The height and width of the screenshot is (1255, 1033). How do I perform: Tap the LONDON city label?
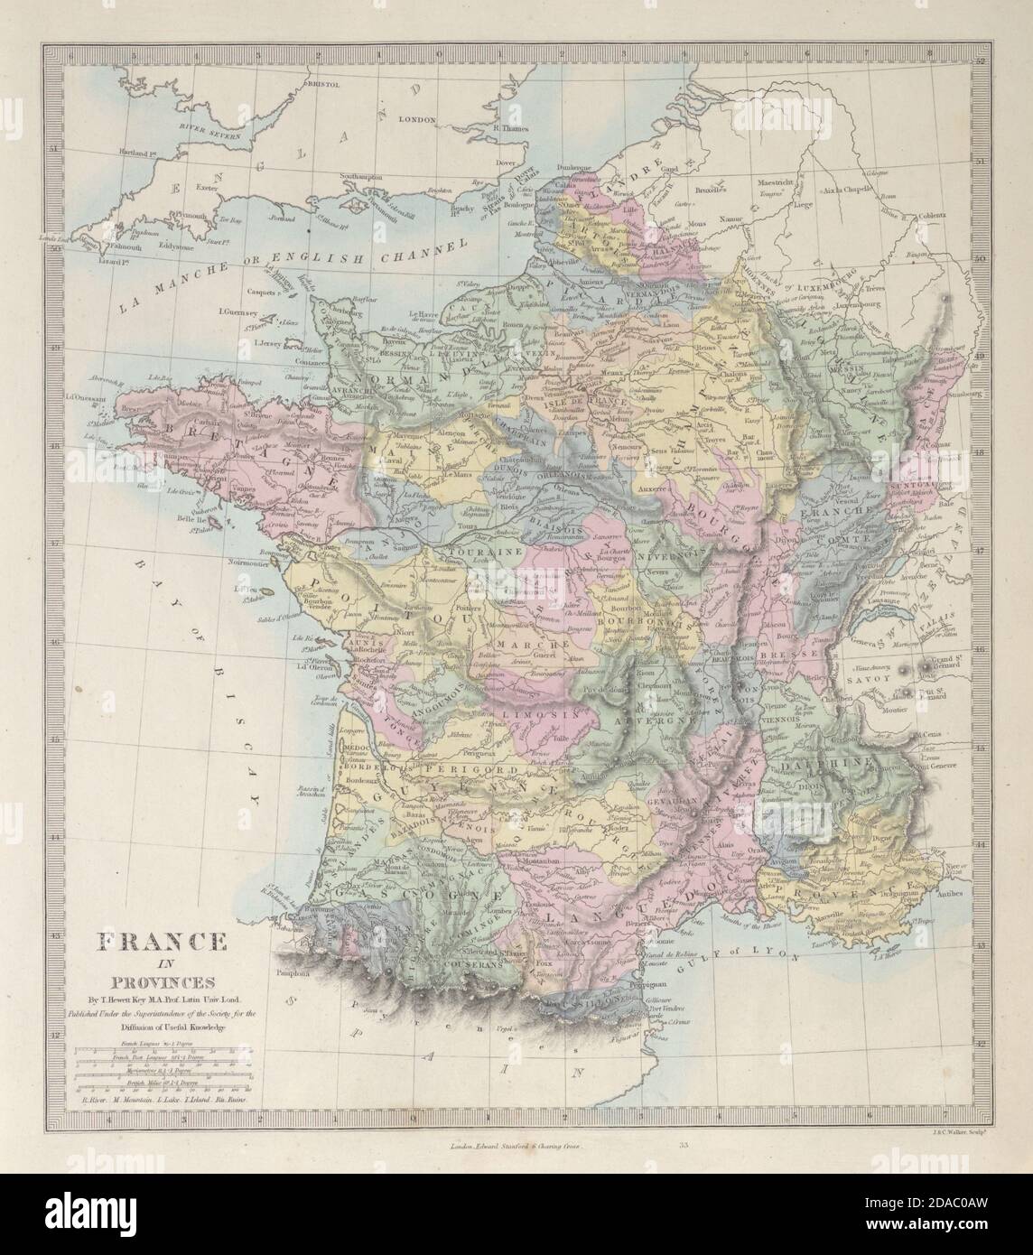pos(416,119)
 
